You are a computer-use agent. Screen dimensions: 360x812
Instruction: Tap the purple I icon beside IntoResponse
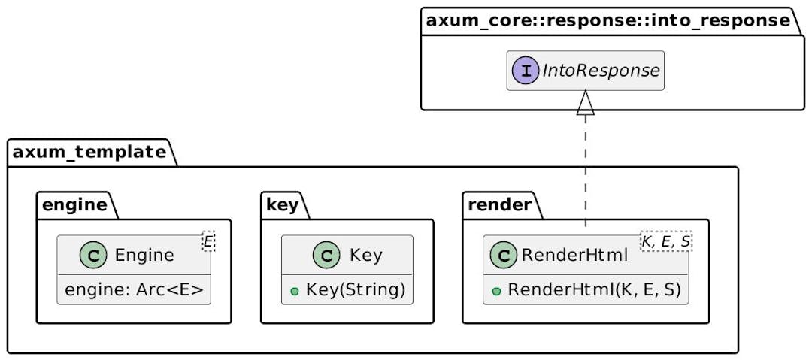tap(525, 71)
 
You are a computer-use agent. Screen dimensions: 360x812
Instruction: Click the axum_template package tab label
tap(89, 153)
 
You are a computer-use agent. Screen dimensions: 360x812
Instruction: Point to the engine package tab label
tap(74, 205)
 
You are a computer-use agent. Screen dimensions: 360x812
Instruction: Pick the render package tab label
tap(500, 205)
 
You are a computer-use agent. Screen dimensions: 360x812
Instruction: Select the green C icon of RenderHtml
tap(501, 255)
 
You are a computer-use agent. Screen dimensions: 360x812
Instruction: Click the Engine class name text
tap(144, 255)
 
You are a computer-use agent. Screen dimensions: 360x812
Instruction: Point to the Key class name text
tap(366, 255)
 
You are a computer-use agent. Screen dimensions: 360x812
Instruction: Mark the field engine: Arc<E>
tap(135, 290)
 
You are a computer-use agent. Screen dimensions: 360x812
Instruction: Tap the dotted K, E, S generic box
tap(665, 241)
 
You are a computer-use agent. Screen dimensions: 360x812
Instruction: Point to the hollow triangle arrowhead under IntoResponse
tap(586, 104)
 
